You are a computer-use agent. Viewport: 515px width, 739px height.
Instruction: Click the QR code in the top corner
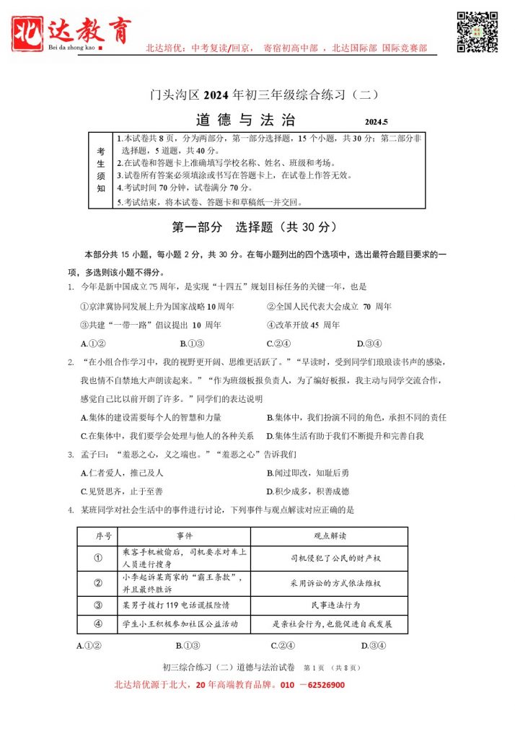(x=477, y=32)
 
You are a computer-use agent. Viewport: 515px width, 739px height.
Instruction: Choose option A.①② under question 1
(x=94, y=344)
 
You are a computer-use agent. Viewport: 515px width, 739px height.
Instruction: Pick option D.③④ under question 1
(x=369, y=344)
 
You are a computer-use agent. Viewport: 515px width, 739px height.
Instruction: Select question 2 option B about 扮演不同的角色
(x=356, y=418)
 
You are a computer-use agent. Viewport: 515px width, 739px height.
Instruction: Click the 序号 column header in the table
(x=103, y=536)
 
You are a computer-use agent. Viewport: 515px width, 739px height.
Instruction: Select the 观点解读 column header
(x=330, y=536)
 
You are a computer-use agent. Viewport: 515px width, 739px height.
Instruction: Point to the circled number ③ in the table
(x=98, y=604)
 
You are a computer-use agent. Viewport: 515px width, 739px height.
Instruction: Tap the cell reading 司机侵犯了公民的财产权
(x=330, y=558)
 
